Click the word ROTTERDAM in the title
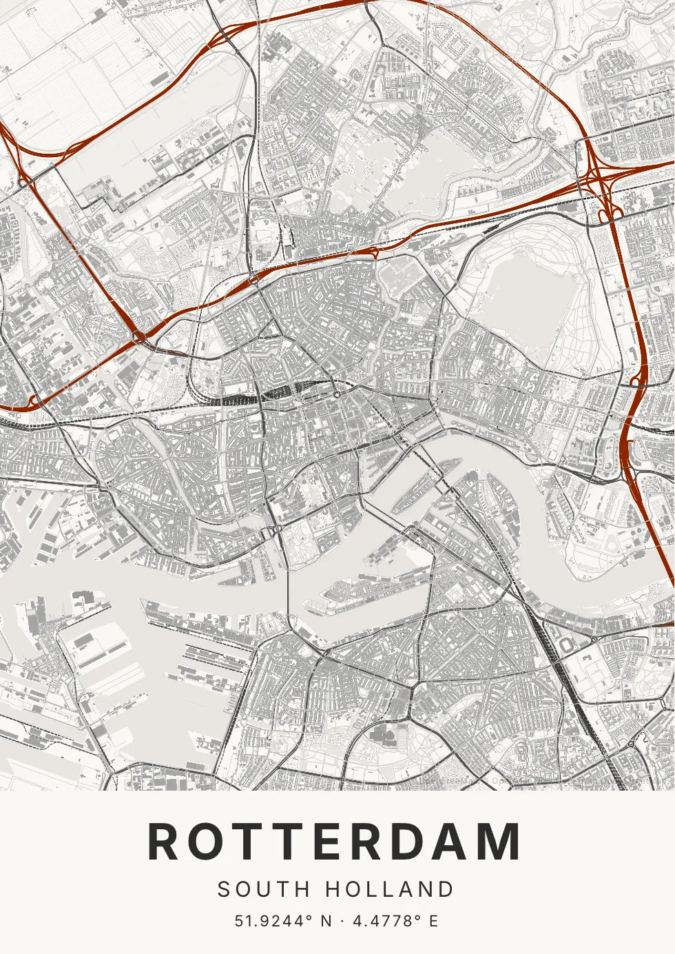click(335, 842)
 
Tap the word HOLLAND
click(389, 890)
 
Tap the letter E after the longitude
click(434, 921)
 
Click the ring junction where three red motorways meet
click(140, 337)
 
